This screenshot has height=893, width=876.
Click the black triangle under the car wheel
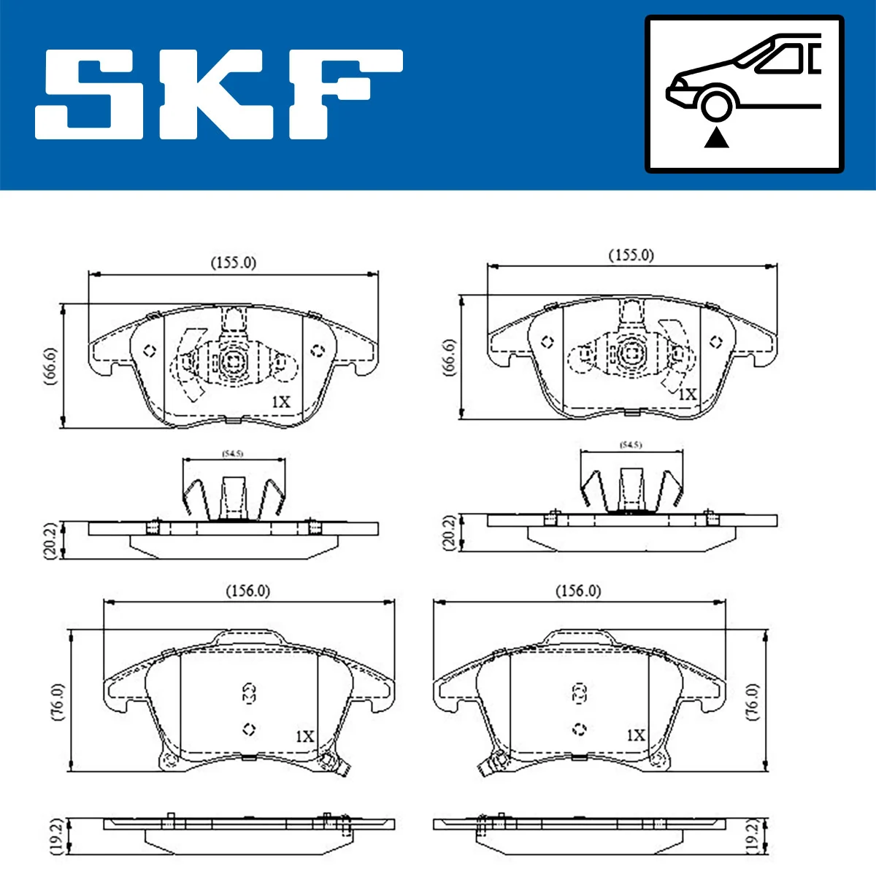(x=716, y=137)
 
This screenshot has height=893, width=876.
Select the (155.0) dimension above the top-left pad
(x=233, y=262)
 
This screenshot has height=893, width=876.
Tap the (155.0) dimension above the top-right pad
(x=631, y=255)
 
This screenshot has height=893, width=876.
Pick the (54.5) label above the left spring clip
(x=233, y=454)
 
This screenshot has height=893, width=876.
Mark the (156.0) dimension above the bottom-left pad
(x=247, y=590)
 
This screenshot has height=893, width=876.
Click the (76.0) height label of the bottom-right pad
(x=753, y=702)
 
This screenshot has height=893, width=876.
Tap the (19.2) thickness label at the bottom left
(x=56, y=836)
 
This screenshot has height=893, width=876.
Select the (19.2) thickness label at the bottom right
(x=752, y=836)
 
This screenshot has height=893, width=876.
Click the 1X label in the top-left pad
(x=281, y=402)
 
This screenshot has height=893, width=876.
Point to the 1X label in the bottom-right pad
(x=636, y=735)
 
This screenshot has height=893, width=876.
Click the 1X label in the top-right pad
(x=687, y=394)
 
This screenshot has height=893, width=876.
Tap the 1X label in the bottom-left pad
(x=304, y=737)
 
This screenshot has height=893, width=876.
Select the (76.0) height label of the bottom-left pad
(x=58, y=702)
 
